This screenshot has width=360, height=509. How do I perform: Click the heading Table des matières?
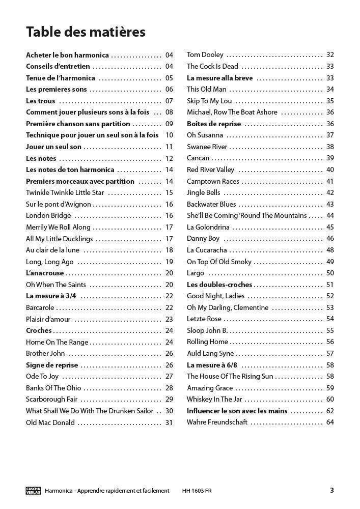pyautogui.click(x=86, y=32)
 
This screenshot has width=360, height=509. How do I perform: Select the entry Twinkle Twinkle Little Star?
pyautogui.click(x=65, y=192)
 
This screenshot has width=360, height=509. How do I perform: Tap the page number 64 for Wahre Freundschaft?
pyautogui.click(x=330, y=422)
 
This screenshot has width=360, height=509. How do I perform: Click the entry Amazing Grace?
pyautogui.click(x=210, y=388)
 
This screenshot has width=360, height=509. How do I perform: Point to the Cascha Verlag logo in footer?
pyautogui.click(x=33, y=491)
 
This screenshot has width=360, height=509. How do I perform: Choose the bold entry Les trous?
pyautogui.click(x=41, y=101)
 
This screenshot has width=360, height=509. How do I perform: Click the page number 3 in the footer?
pyautogui.click(x=332, y=491)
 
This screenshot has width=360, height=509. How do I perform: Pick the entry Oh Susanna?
pyautogui.click(x=205, y=135)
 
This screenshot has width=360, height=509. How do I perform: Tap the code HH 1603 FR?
pyautogui.click(x=197, y=491)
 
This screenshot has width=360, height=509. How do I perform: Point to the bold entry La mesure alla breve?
pyautogui.click(x=219, y=78)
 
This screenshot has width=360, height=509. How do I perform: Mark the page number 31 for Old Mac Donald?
pyautogui.click(x=169, y=422)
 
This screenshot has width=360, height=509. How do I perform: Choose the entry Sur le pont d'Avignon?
pyautogui.click(x=59, y=204)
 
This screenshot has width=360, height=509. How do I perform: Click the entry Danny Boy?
pyautogui.click(x=203, y=238)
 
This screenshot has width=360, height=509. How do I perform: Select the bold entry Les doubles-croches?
pyautogui.click(x=219, y=285)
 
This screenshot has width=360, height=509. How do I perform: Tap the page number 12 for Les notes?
pyautogui.click(x=169, y=158)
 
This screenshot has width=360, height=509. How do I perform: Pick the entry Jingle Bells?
pyautogui.click(x=204, y=192)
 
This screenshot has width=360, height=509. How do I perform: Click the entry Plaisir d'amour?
pyautogui.click(x=48, y=319)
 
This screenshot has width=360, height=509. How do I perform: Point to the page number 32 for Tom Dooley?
pyautogui.click(x=330, y=54)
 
